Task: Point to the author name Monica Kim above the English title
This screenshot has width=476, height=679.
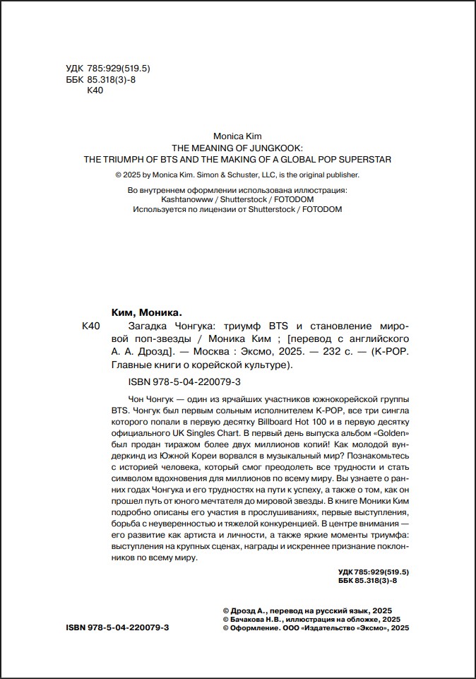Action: pyautogui.click(x=237, y=136)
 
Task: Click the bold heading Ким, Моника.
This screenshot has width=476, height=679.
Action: pyautogui.click(x=147, y=312)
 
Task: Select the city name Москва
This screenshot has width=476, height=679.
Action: pyautogui.click(x=220, y=352)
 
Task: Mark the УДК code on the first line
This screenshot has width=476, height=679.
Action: pyautogui.click(x=107, y=68)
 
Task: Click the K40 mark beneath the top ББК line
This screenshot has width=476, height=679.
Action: pyautogui.click(x=95, y=90)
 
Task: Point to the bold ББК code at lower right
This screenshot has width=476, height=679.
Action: pyautogui.click(x=374, y=580)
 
